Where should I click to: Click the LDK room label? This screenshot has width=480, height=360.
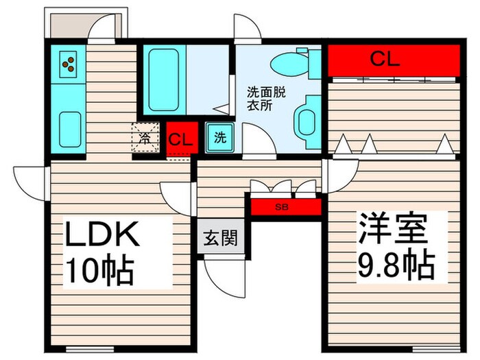[x=103, y=235]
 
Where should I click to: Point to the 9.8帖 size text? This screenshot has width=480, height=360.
[x=393, y=261]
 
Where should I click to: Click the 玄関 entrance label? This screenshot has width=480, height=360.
[x=220, y=239]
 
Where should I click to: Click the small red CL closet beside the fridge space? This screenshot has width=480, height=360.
[x=181, y=140]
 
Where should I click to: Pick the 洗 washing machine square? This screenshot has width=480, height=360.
[x=219, y=137]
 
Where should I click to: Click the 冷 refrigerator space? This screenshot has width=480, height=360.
[x=145, y=139]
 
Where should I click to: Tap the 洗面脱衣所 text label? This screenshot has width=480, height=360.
[x=260, y=99]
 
